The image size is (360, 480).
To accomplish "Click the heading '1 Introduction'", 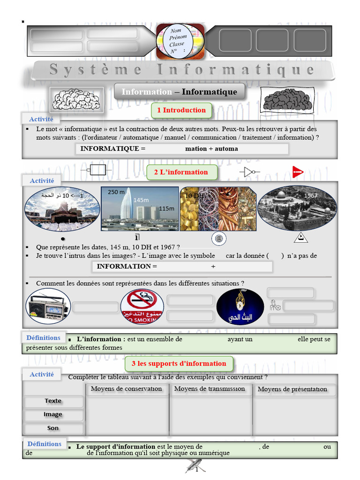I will coord(181,110).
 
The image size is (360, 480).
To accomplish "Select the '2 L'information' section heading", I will coord(181,172).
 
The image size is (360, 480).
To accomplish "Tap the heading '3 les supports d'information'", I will coord(179,363).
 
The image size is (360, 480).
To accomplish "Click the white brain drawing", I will coord(76,99).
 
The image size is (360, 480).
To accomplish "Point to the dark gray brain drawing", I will coord(287,99).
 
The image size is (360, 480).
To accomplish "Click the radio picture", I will coord(48,307).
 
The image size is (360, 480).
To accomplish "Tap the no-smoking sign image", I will coord(142,306).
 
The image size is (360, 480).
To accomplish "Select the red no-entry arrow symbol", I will coord(297,172).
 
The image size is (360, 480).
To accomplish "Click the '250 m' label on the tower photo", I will coord(116,192).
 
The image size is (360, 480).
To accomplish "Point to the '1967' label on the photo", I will coord(311,195).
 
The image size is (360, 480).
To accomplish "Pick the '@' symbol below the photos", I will coord(218,239).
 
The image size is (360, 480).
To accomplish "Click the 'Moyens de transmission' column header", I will coord(210,389).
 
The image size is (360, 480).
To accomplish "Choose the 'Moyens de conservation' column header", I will coord(126,389).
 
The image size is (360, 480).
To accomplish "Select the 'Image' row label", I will coord(53,414).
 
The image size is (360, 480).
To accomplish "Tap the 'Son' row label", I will coord(53,428).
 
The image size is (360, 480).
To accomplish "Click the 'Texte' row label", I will coord(53,401).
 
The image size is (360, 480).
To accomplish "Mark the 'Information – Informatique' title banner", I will coord(179,92).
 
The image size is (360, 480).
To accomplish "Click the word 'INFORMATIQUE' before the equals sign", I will coord(110,149).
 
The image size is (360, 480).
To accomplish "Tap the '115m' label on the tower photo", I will coord(166,209).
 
